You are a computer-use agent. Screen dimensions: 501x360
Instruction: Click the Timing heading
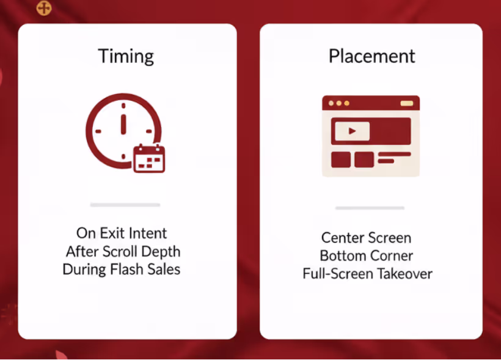[126, 57]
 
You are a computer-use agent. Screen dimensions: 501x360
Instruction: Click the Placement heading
[372, 56]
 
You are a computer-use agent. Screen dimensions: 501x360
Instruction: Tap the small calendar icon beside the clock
[149, 158]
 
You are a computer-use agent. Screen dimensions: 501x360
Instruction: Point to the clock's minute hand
[123, 123]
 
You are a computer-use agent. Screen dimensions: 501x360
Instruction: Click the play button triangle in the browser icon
[352, 131]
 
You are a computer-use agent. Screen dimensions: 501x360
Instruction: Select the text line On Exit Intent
[122, 233]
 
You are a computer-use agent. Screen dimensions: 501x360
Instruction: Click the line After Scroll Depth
[123, 252]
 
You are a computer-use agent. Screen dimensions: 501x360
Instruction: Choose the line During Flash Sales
[122, 269]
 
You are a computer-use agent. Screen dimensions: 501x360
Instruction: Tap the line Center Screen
[366, 238]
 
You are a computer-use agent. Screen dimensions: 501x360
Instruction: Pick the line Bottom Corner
[366, 255]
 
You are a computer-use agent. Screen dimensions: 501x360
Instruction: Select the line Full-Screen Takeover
[367, 274]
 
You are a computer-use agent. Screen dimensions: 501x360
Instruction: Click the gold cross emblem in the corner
[44, 8]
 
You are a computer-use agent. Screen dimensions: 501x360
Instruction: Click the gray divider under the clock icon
[125, 205]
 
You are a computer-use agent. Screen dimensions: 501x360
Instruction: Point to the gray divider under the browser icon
[370, 208]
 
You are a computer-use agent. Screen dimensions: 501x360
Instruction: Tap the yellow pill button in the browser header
[407, 103]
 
